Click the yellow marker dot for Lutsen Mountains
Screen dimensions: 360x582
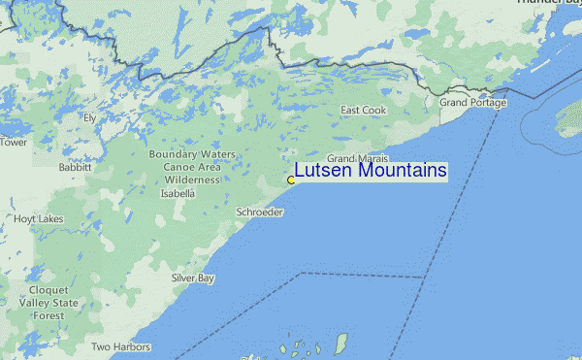291,180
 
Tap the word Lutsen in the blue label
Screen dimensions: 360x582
324,171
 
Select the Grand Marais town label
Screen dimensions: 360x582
357,158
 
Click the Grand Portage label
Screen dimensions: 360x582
472,102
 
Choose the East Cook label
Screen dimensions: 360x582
363,111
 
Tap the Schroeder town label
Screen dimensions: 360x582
259,212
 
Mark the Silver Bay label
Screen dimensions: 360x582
193,278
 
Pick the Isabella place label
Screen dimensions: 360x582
178,193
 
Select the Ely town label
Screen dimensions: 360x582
89,117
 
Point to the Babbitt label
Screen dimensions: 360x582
75,167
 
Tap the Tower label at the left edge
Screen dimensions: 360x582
14,143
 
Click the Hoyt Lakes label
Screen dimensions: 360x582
39,219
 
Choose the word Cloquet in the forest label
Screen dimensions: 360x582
48,290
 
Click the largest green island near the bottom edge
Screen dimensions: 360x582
340,344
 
